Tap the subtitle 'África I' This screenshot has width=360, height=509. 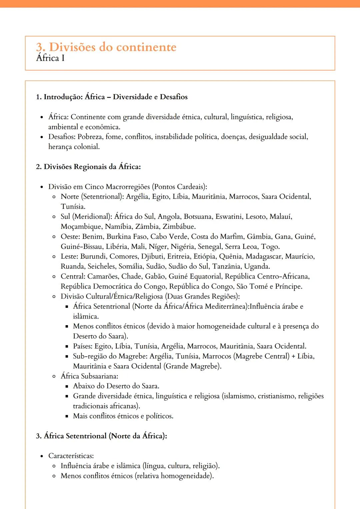click(x=50, y=58)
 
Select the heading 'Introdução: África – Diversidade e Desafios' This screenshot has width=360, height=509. click(x=115, y=97)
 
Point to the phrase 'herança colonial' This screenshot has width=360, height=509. click(x=74, y=147)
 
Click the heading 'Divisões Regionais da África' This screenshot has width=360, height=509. click(x=92, y=167)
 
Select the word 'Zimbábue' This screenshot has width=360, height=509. click(x=179, y=227)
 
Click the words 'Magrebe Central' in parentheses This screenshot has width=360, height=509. click(x=261, y=356)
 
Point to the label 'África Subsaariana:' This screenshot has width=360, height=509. click(x=89, y=376)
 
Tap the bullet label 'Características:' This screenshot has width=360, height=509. click(x=71, y=456)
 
